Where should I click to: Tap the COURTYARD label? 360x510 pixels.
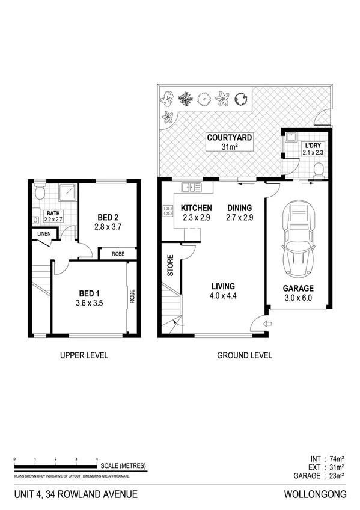point(230,137)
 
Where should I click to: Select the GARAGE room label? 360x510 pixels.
point(298,288)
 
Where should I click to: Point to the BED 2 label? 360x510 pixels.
point(108,218)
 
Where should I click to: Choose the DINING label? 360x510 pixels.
point(239,209)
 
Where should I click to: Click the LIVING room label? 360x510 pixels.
point(222,286)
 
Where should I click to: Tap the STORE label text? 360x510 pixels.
point(169,267)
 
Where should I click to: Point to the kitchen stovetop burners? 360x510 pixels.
point(168,210)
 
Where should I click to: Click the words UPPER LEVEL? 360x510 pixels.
point(84,355)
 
